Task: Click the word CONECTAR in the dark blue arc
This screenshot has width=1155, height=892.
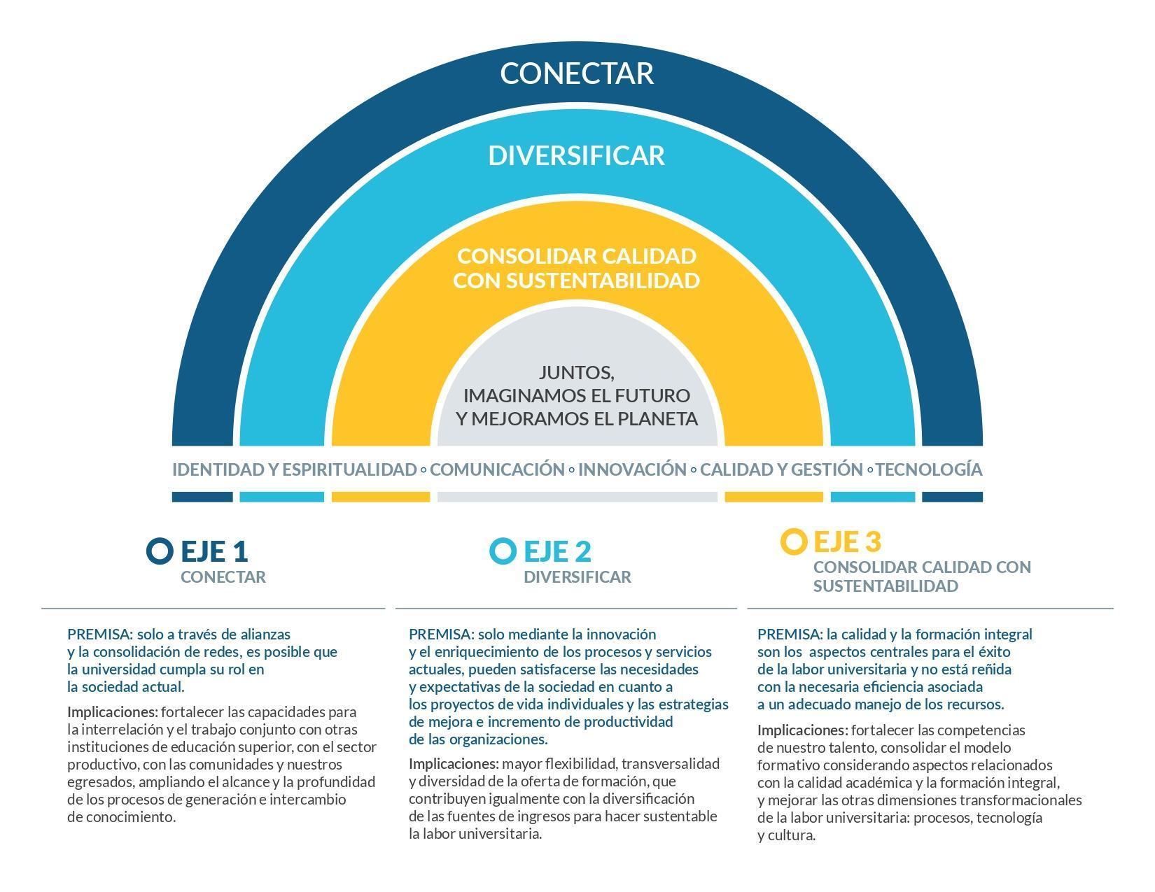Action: [x=577, y=73]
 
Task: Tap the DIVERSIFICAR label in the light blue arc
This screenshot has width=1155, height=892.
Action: [x=577, y=155]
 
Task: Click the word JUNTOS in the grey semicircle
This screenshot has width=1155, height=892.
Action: [x=576, y=373]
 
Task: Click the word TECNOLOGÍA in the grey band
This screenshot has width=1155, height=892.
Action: [x=929, y=469]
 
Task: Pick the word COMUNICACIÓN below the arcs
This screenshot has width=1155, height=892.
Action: [x=497, y=469]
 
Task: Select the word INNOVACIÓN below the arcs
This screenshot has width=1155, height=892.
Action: [x=632, y=469]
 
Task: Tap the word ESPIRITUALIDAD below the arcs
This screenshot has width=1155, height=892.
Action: [x=349, y=469]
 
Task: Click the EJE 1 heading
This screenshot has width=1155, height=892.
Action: [x=214, y=551]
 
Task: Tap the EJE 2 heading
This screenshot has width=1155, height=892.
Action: [x=558, y=551]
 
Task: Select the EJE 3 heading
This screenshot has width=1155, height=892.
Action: [x=847, y=542]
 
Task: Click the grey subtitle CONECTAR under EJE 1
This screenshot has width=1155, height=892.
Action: [x=223, y=577]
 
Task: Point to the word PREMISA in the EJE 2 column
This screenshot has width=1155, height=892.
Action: [x=441, y=635]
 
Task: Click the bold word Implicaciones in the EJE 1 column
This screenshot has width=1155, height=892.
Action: [x=113, y=712]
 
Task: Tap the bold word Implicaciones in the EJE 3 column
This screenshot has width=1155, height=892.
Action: [x=803, y=730]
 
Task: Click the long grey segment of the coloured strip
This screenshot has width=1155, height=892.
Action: [x=577, y=497]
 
